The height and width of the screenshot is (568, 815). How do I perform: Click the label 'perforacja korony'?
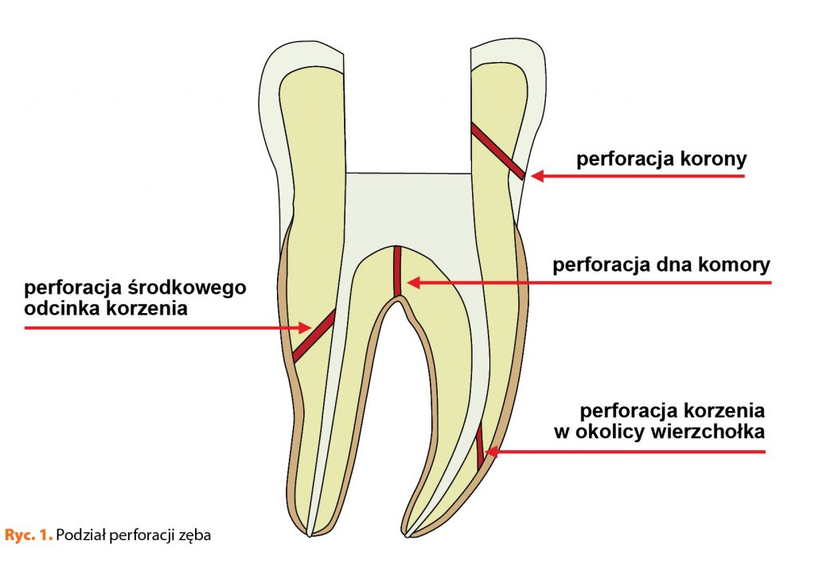[x=661, y=159]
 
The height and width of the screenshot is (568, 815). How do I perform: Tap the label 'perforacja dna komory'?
[x=661, y=264]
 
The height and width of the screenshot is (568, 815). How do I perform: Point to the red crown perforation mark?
[x=497, y=151]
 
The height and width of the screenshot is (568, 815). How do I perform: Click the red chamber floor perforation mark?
[x=396, y=271]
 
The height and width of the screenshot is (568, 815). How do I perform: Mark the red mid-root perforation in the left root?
[x=314, y=335]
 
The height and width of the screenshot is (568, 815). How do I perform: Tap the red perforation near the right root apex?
[x=480, y=446]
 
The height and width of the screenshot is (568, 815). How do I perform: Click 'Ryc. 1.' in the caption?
[x=29, y=535]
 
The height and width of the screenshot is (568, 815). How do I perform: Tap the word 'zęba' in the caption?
[x=197, y=535]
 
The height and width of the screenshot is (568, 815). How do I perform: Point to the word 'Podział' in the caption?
[x=83, y=535]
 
